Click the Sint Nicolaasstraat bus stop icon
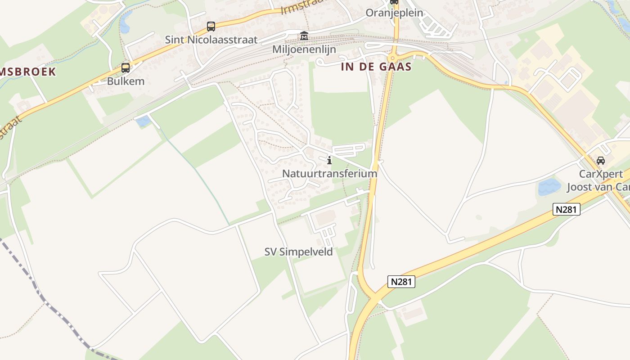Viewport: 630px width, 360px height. [211, 27]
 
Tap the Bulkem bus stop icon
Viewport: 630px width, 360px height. [126, 68]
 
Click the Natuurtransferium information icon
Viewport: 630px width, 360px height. [329, 160]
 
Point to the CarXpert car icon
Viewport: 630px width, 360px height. [600, 161]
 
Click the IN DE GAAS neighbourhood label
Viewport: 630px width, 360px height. [376, 67]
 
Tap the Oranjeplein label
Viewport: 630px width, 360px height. [394, 13]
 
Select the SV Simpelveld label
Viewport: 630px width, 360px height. [299, 252]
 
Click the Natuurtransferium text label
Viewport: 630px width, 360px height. [329, 173]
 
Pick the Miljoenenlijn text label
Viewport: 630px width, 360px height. [304, 49]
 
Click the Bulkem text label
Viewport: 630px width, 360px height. [126, 81]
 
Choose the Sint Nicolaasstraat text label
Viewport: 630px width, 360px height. [211, 40]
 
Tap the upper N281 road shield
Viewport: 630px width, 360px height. [567, 209]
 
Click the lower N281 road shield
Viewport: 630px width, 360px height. [401, 282]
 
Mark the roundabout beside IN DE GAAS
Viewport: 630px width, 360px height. [393, 58]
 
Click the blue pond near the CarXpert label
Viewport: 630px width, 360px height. [549, 186]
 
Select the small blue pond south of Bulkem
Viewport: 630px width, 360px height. [143, 121]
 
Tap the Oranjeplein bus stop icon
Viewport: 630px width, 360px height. [394, 1]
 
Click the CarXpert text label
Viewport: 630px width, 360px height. [600, 174]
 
